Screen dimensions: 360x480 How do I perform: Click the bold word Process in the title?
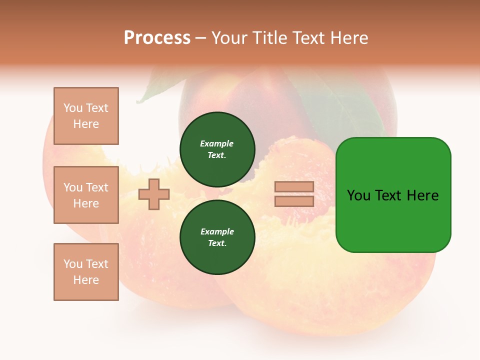(x=157, y=38)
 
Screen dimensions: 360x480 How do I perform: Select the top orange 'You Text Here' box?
(x=86, y=116)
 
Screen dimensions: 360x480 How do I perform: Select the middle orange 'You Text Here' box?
(x=86, y=195)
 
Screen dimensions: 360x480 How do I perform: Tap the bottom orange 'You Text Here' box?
(x=86, y=272)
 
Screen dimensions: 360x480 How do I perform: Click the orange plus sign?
(x=154, y=194)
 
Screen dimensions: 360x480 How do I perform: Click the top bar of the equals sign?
(x=294, y=187)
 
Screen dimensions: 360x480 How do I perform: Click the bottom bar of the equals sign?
(x=294, y=201)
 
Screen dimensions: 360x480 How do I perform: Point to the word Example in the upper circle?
(x=216, y=143)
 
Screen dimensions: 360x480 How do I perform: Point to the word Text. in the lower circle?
(x=217, y=243)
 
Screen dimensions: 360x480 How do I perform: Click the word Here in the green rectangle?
(x=422, y=195)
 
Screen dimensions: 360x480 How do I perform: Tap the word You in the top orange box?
(x=73, y=108)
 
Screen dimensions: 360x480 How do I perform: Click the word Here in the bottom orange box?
(x=86, y=280)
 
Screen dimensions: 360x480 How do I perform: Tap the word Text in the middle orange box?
(x=97, y=187)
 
